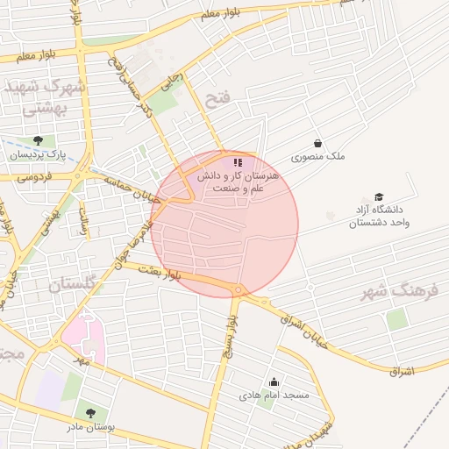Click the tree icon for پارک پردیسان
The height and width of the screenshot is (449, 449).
pyautogui.click(x=37, y=140)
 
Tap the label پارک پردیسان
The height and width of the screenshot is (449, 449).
pyautogui.click(x=38, y=154)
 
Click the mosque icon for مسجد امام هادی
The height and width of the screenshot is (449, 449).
pyautogui.click(x=274, y=381)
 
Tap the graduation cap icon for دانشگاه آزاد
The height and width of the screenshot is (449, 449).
pyautogui.click(x=379, y=196)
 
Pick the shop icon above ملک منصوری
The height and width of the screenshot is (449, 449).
pyautogui.click(x=317, y=143)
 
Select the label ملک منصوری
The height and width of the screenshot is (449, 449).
pyautogui.click(x=318, y=157)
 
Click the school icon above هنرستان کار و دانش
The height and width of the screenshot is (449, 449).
pyautogui.click(x=237, y=162)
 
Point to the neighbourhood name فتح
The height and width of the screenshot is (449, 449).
pyautogui.click(x=216, y=100)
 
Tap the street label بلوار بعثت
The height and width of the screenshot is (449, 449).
pyautogui.click(x=158, y=273)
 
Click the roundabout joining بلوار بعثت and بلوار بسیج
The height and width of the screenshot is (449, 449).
pyautogui.click(x=237, y=290)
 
